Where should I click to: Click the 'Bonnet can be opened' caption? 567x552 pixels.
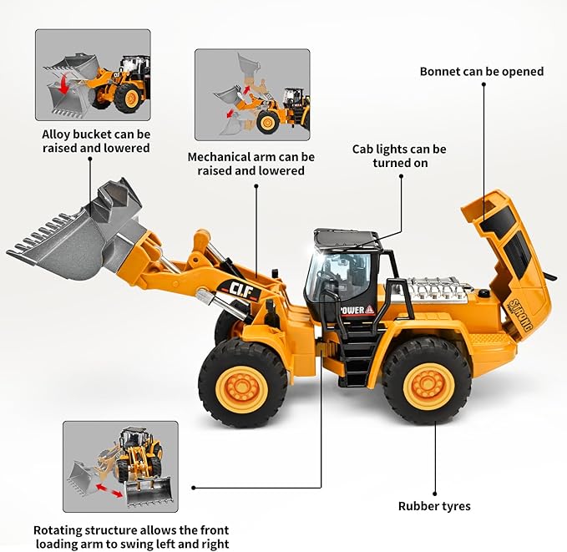pyautogui.click(x=481, y=72)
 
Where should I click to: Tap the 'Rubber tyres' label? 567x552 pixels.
pyautogui.click(x=434, y=506)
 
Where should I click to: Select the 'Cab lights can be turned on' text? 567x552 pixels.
pyautogui.click(x=399, y=156)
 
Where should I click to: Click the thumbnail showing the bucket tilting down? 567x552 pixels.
pyautogui.click(x=93, y=75)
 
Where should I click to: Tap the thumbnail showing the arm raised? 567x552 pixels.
pyautogui.click(x=251, y=94)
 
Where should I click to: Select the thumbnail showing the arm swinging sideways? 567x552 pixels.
pyautogui.click(x=120, y=464)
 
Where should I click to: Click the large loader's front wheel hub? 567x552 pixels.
pyautogui.click(x=242, y=385)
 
